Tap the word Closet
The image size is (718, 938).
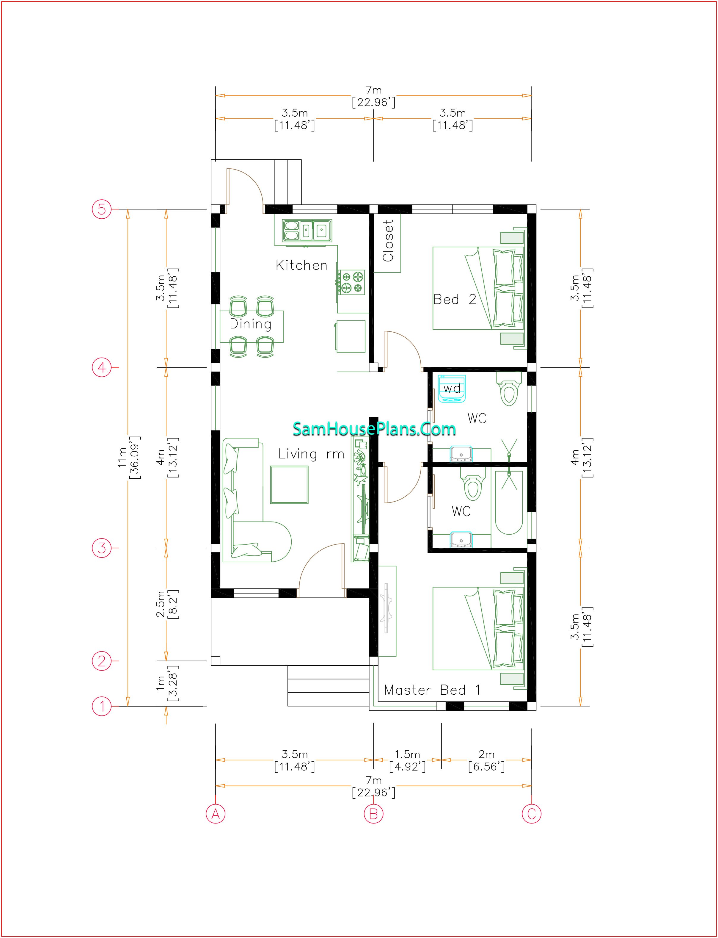tap(388, 240)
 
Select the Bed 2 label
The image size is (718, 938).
tap(455, 299)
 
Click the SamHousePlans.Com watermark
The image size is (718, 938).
tap(374, 429)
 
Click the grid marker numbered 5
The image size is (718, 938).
tap(102, 209)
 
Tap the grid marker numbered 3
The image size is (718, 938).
tap(102, 548)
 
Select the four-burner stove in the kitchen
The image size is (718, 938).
tap(352, 282)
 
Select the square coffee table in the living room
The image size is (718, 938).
tap(289, 484)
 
